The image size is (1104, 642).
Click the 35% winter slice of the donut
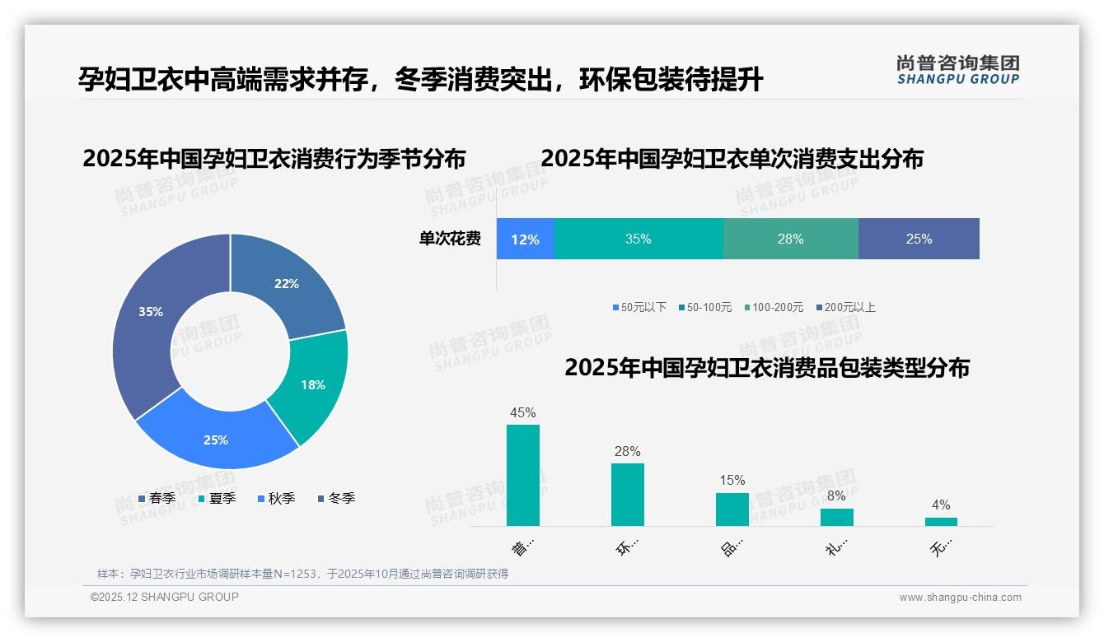[x=148, y=317]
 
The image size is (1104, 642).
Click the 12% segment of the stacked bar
[x=525, y=240]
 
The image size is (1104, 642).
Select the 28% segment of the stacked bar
[x=790, y=240]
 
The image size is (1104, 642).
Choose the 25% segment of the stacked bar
[x=919, y=240]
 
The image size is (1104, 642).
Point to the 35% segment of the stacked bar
[x=639, y=240]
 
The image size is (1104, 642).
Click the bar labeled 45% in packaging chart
[x=523, y=476]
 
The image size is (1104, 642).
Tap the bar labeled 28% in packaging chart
[x=628, y=495]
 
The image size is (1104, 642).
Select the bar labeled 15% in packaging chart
[x=732, y=509]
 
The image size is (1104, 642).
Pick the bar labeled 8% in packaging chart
[x=836, y=517]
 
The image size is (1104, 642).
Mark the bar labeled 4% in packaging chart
[x=941, y=521]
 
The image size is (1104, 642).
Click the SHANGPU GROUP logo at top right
[x=958, y=70]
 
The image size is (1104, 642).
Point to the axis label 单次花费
[x=450, y=240]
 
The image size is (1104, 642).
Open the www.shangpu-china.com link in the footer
[x=960, y=597]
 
